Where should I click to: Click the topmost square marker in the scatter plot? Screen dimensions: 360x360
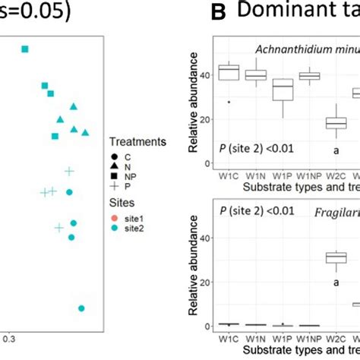click(x=25, y=49)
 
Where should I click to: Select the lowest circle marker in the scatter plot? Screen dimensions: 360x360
click(x=81, y=308)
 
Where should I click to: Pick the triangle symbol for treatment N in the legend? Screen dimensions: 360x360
click(x=112, y=167)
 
